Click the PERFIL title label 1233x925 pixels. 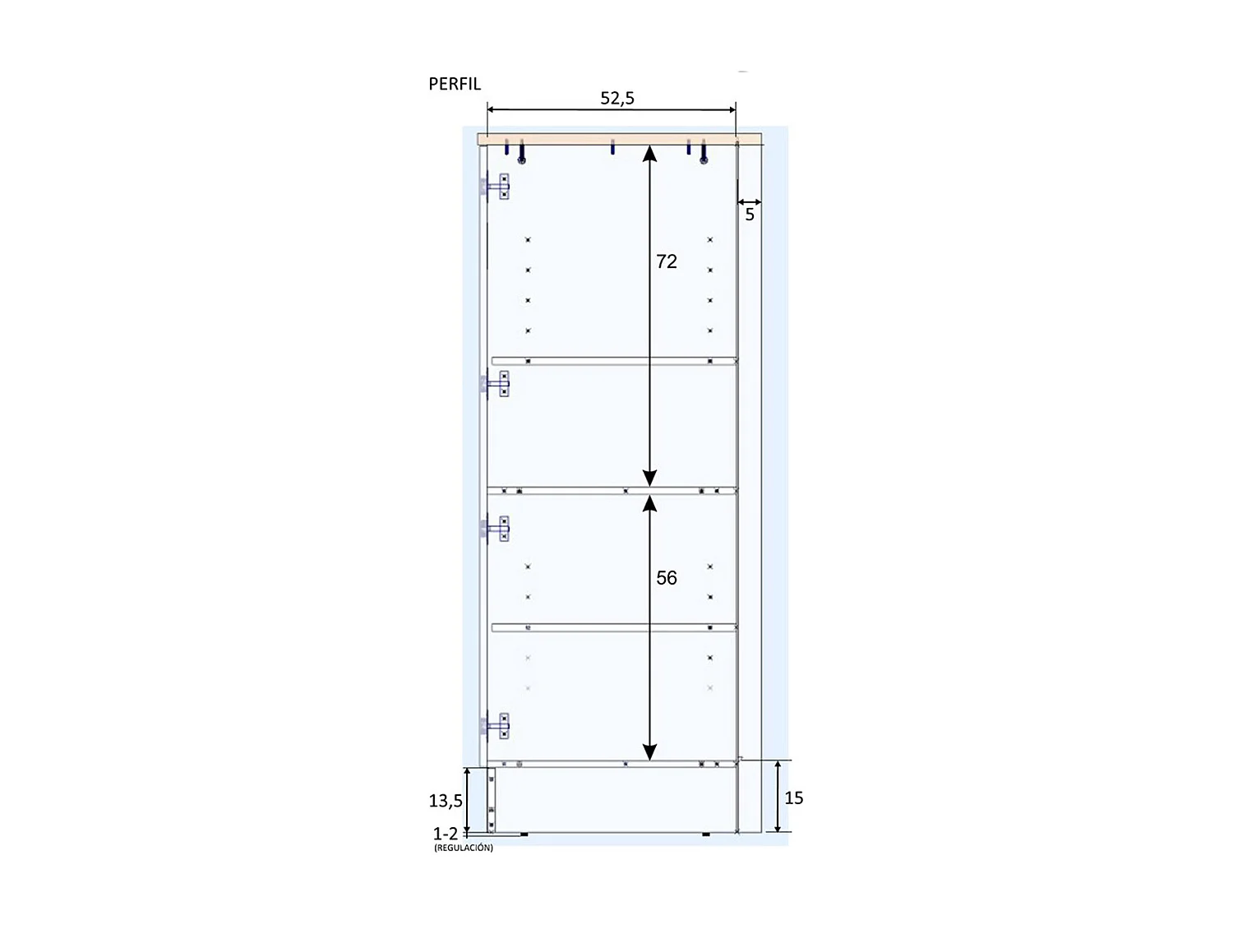pyautogui.click(x=455, y=84)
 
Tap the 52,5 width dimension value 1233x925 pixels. pyautogui.click(x=617, y=98)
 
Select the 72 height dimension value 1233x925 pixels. pyautogui.click(x=667, y=261)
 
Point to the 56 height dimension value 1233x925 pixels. pyautogui.click(x=667, y=578)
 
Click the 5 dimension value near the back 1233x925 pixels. pyautogui.click(x=750, y=215)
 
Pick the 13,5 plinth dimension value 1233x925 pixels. pyautogui.click(x=446, y=800)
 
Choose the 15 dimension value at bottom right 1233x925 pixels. pyautogui.click(x=794, y=798)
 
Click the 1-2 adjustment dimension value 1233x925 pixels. pyautogui.click(x=446, y=834)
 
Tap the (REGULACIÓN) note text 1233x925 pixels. pyautogui.click(x=464, y=848)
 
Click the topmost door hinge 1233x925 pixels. pyautogui.click(x=496, y=187)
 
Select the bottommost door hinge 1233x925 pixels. pyautogui.click(x=496, y=726)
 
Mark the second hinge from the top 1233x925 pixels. pyautogui.click(x=496, y=384)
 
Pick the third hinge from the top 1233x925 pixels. pyautogui.click(x=496, y=529)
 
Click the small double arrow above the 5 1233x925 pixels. pyautogui.click(x=750, y=201)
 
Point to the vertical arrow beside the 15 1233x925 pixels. pyautogui.click(x=778, y=796)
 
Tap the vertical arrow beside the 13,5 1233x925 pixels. pyautogui.click(x=468, y=800)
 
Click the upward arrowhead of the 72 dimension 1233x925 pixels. pyautogui.click(x=649, y=153)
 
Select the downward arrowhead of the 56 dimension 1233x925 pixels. pyautogui.click(x=649, y=752)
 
